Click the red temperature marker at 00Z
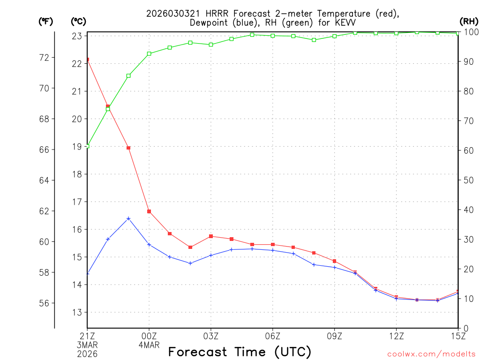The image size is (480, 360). tap(149, 211)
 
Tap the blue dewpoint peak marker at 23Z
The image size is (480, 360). tap(128, 218)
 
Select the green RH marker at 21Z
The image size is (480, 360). tap(87, 146)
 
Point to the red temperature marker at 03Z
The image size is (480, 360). tap(211, 236)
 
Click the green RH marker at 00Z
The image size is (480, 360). tap(149, 53)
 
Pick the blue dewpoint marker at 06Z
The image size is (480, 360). tap(273, 250)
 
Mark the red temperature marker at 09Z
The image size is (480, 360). tap(334, 261)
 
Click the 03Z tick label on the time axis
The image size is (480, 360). tap(211, 336)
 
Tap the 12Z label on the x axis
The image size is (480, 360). tap(396, 336)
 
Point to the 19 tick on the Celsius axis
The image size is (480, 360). tap(76, 147)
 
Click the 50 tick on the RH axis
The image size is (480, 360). tap(468, 180)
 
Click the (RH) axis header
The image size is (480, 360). tap(468, 21)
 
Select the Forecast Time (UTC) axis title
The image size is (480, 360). tap(240, 352)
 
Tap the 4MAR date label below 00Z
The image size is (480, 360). tap(149, 345)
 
